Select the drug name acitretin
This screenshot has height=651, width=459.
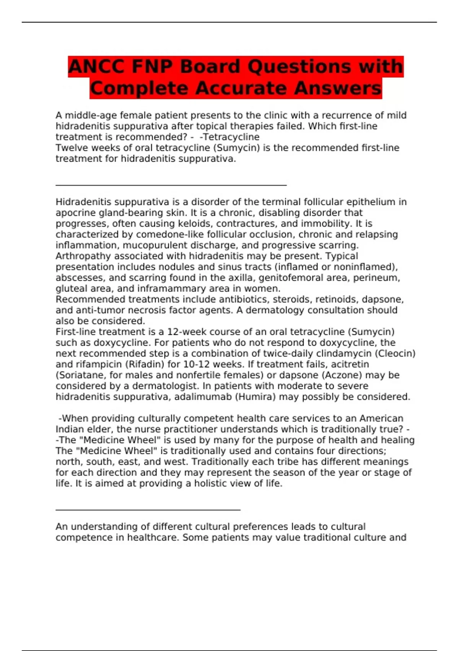351,364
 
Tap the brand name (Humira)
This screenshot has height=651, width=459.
255,397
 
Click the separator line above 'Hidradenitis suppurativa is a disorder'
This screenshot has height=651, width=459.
171,185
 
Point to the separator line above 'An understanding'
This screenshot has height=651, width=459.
148,510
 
